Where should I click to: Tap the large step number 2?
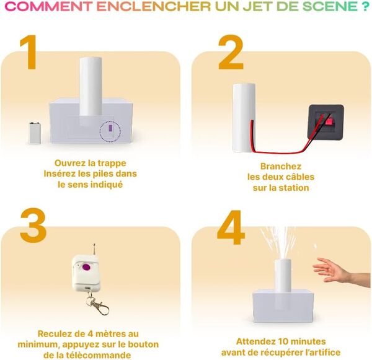(230, 53)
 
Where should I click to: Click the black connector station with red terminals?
(326, 123)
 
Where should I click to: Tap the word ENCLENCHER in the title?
(149, 7)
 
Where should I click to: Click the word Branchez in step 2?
(281, 166)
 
